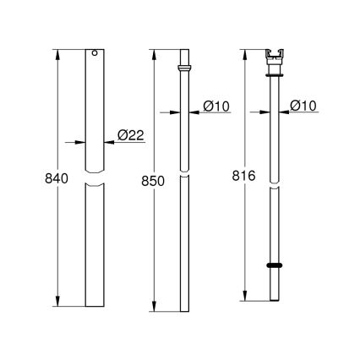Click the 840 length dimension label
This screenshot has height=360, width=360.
[x=42, y=180]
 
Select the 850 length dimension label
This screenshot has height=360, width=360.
[x=141, y=180]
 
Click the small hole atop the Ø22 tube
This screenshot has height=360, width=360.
[x=94, y=57]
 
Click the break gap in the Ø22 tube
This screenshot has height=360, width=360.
[x=94, y=181]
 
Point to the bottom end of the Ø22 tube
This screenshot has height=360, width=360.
[x=94, y=306]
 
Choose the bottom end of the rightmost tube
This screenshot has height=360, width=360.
[x=275, y=299]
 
